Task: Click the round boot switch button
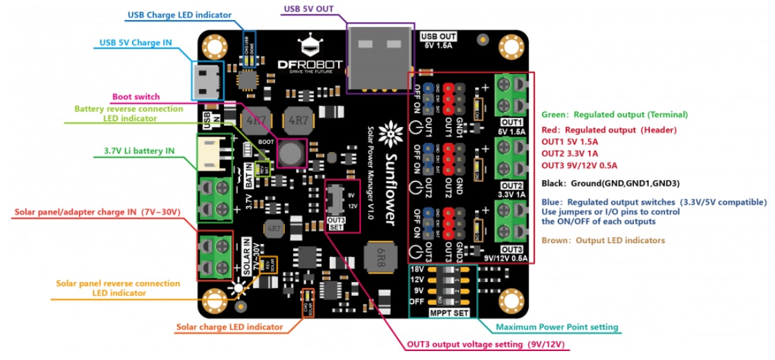(291, 153)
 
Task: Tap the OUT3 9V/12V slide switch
(336, 200)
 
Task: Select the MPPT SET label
(448, 313)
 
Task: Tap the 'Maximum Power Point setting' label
(557, 327)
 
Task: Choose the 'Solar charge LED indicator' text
(230, 327)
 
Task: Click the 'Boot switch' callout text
(136, 97)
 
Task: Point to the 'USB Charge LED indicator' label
(180, 15)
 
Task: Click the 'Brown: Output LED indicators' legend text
(603, 240)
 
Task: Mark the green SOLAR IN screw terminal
(215, 254)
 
